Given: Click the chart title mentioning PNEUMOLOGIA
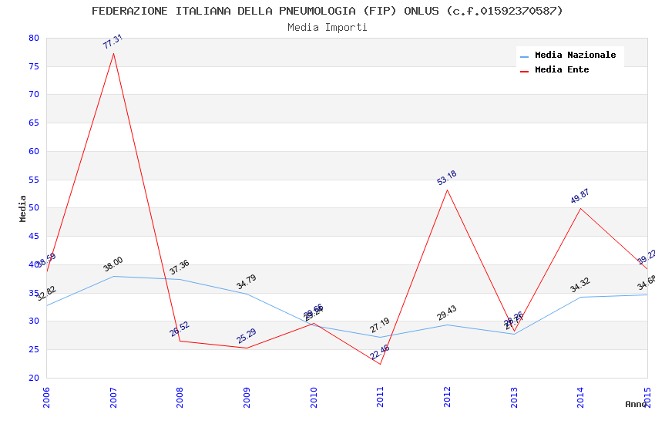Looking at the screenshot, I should tap(327, 11).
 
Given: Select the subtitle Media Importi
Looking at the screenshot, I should tap(327, 27).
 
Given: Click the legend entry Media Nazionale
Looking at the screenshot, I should tap(575, 56).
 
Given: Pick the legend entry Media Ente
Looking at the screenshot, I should tap(562, 70).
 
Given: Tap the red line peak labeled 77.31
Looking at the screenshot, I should tap(113, 52).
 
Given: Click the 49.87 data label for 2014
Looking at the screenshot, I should tap(579, 197).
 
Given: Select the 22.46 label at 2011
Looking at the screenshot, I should tap(380, 352).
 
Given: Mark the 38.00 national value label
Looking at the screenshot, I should tap(113, 264).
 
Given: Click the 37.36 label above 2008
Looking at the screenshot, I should tap(180, 268).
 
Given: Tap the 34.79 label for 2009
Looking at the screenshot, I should tap(247, 282).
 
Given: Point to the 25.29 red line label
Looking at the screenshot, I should tap(247, 336).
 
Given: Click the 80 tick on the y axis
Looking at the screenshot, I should tap(33, 38).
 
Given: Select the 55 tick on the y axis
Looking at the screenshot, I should tap(33, 180).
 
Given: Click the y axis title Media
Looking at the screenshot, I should tap(23, 208).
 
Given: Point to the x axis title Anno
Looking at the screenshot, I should tap(636, 404).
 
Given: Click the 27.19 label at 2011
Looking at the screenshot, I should tap(380, 325).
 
